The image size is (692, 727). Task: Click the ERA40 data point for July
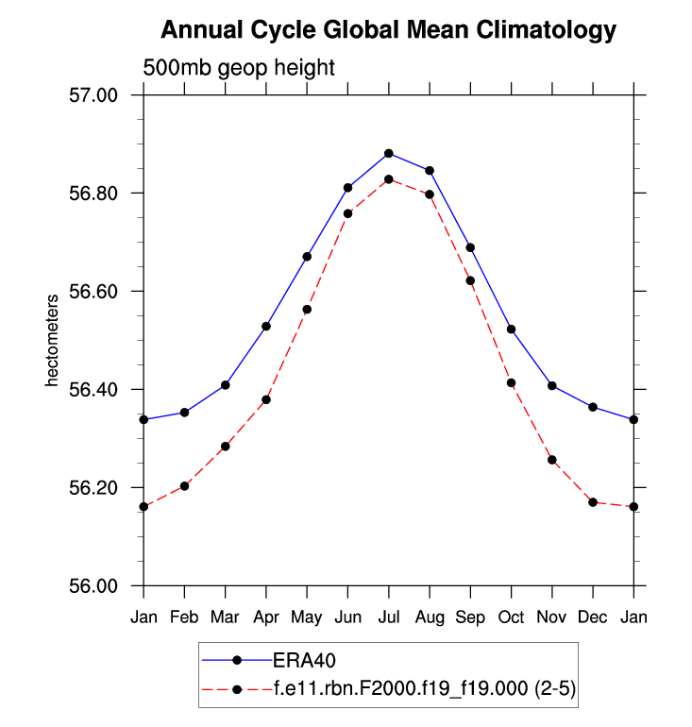coord(389,153)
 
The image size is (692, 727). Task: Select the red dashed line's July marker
coord(389,178)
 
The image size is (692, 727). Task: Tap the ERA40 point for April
coord(266,326)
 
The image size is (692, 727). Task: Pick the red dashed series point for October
coord(511,382)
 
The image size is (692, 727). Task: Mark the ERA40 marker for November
coord(552,385)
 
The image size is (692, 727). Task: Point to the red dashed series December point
coord(593,502)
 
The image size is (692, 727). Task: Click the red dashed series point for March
coord(225,446)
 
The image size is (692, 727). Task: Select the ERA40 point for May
coord(307,256)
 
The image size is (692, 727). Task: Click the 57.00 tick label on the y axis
coord(94,95)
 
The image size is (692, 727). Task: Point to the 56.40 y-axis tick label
coord(94,390)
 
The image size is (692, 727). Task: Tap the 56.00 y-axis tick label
coord(94,586)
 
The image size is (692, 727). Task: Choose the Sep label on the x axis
coord(470,617)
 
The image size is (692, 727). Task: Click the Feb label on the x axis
coord(184,617)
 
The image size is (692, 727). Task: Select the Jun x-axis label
coord(347,617)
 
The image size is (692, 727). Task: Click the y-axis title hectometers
coord(53,340)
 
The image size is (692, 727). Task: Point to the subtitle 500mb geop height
coord(239,67)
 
